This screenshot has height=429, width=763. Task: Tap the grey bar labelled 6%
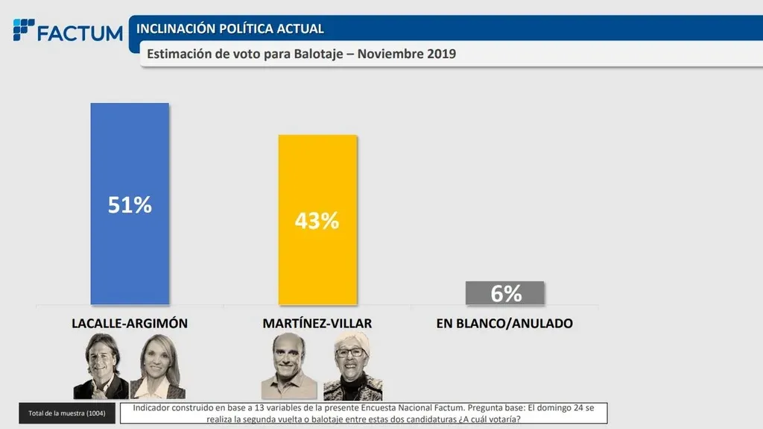[x=505, y=293]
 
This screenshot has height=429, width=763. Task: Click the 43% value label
[x=317, y=220]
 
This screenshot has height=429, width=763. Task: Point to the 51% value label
[x=130, y=205]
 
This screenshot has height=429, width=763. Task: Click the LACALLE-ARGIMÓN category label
[x=130, y=324]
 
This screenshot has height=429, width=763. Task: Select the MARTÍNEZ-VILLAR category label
[x=317, y=324]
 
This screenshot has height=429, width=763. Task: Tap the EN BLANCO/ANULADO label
[x=504, y=324]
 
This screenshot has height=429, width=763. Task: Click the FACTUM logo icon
[x=23, y=31]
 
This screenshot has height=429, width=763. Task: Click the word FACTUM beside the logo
[x=80, y=33]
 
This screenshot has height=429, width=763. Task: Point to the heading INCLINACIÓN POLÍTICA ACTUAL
[x=230, y=29]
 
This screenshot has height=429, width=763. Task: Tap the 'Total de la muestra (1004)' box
[x=67, y=413]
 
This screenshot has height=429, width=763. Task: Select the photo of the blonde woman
[x=158, y=367]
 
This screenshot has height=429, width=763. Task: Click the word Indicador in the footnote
[x=153, y=408]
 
